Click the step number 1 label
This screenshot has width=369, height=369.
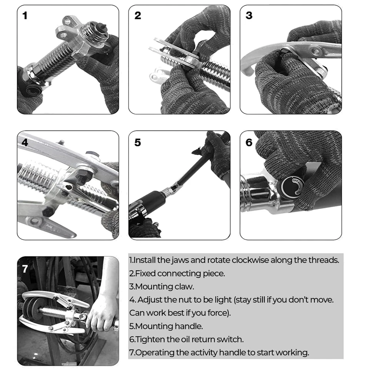click(25, 16)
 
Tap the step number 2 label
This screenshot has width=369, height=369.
click(138, 15)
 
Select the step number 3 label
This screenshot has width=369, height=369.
click(249, 15)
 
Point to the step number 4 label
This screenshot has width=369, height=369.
click(25, 142)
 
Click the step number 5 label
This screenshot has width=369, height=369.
click(138, 143)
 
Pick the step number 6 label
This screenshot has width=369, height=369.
click(249, 143)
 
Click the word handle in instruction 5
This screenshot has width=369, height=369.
click(189, 326)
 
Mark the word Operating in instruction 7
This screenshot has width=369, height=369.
click(152, 352)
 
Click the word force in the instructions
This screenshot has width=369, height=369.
click(218, 313)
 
